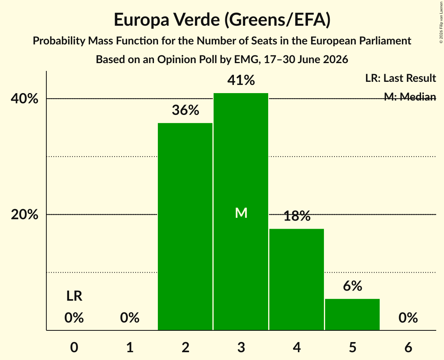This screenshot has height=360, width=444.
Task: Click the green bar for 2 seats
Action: [x=185, y=226]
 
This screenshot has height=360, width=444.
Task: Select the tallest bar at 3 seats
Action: [x=241, y=212]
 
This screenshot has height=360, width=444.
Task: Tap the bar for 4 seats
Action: [x=297, y=279]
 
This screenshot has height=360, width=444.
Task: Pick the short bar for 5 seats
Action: [x=352, y=314]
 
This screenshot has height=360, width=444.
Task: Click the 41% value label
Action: [x=241, y=80]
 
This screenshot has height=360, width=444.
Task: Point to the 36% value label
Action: [x=186, y=110]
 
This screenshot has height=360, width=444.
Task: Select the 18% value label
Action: [x=297, y=216]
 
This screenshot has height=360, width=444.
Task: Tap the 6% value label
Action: [x=352, y=286]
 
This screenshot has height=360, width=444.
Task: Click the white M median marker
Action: [x=241, y=213]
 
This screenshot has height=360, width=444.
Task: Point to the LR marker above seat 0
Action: [x=74, y=296]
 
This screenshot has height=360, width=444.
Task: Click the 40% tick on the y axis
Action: [x=24, y=99]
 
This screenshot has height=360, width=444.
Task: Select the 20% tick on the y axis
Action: [x=24, y=215]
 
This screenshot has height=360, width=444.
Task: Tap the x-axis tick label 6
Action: [x=408, y=348]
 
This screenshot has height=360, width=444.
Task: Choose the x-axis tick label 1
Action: [x=130, y=348]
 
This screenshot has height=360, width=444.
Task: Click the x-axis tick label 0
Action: [x=74, y=348]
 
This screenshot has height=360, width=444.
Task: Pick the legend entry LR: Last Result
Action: [x=400, y=78]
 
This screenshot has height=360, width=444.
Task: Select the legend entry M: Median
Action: [x=410, y=97]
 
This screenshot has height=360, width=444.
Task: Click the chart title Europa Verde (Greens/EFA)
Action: [x=222, y=19]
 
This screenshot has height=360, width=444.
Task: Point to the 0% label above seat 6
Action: [x=408, y=318]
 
